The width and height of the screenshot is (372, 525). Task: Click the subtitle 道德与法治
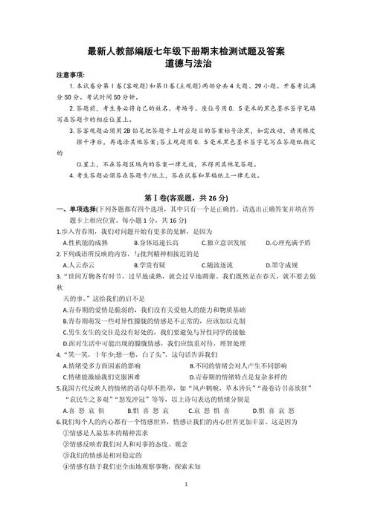(x=185, y=64)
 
